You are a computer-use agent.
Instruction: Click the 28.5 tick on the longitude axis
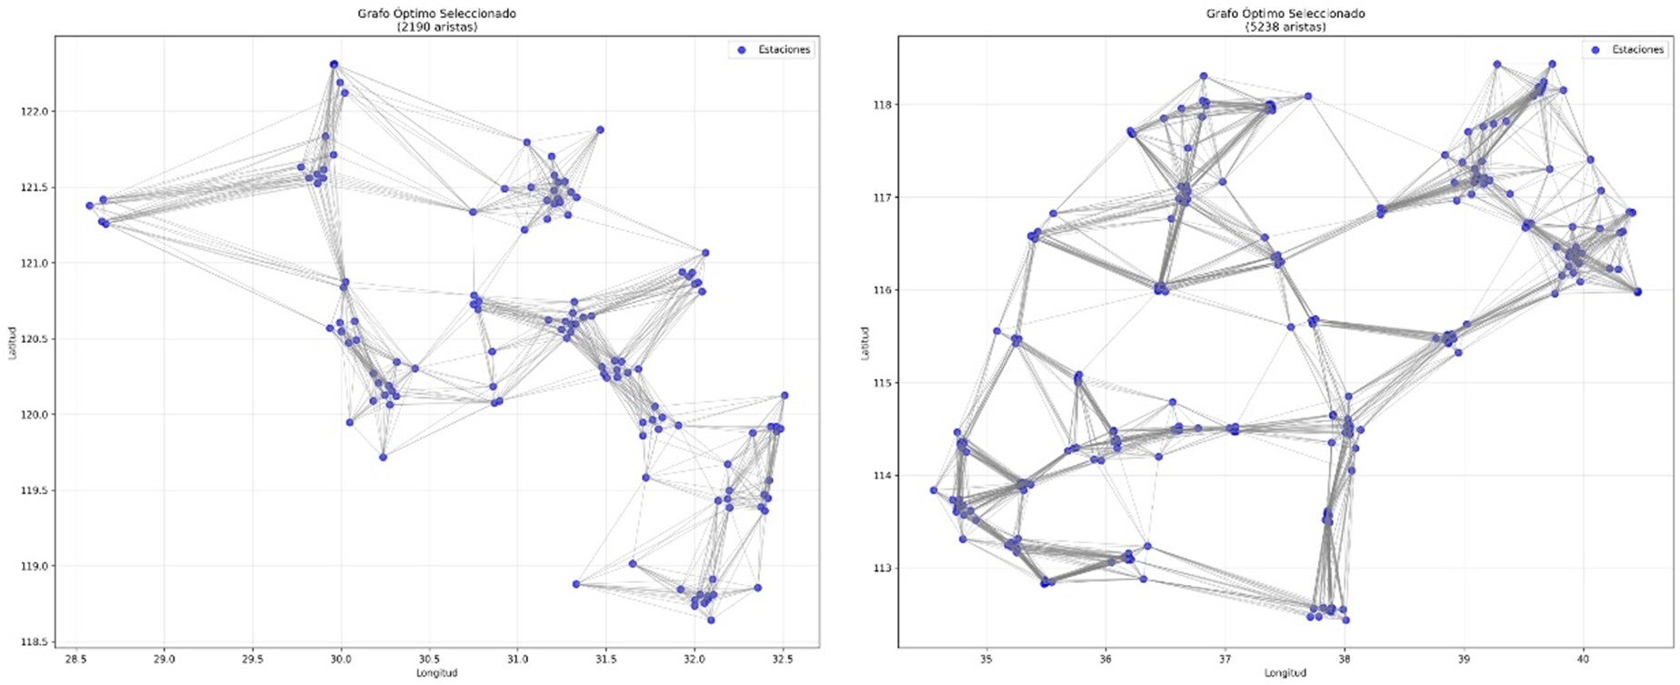coord(75,660)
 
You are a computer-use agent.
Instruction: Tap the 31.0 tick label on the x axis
coord(517,660)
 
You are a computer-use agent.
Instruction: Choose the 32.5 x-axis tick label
coord(782,660)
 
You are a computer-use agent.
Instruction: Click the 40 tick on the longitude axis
coord(1583,660)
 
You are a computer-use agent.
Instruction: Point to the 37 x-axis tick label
coord(1225,660)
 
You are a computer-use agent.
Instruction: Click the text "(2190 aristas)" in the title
coord(436,27)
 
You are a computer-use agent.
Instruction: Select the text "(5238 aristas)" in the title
coord(1285,27)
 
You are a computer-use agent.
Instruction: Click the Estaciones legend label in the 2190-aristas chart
coord(784,49)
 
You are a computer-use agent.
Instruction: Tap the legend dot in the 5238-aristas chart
coord(1595,49)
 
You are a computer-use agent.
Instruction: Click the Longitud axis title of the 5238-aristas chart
coord(1285,673)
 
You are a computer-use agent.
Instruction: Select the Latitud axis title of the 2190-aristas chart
coord(13,343)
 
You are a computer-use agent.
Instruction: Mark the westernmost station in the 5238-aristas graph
coord(934,490)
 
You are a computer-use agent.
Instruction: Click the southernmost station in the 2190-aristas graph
coord(711,620)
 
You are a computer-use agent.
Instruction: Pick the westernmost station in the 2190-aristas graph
coord(89,206)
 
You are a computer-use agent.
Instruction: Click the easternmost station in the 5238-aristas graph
coord(1637,292)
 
